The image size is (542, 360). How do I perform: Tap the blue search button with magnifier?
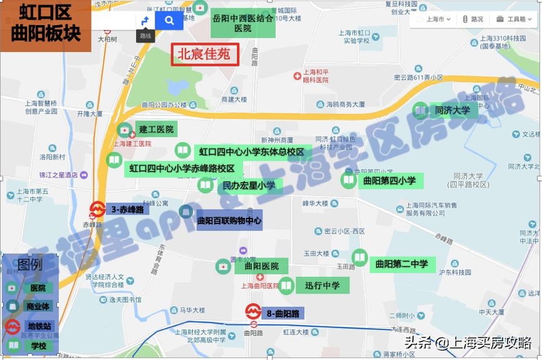point(169,21)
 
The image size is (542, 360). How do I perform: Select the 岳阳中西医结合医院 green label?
point(242,24)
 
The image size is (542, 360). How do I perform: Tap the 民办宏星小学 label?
point(249,185)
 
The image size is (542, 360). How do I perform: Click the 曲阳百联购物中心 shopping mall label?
point(229,221)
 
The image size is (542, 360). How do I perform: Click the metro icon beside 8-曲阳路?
point(253,311)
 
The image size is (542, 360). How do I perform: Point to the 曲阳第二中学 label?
point(402,264)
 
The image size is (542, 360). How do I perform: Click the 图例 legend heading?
point(30,264)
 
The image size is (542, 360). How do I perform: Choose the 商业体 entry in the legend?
point(38,307)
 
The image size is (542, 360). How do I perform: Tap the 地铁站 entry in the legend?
point(39,326)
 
